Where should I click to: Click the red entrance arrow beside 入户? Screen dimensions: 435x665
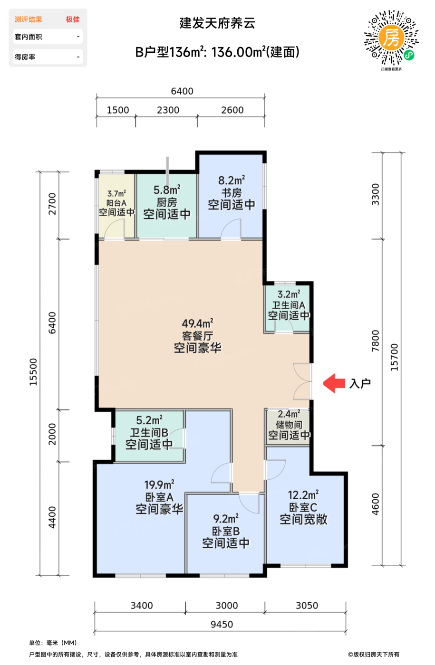pyautogui.click(x=334, y=383)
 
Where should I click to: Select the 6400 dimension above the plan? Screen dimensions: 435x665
pyautogui.click(x=182, y=91)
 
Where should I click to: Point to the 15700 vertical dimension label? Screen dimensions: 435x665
pyautogui.click(x=394, y=357)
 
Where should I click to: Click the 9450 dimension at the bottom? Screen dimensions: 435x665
pyautogui.click(x=222, y=624)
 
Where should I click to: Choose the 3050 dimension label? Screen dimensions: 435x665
pyautogui.click(x=307, y=605)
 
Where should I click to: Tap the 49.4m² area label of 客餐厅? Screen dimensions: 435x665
pyautogui.click(x=198, y=323)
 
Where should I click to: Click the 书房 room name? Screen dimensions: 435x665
pyautogui.click(x=232, y=193)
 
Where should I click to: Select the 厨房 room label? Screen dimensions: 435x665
pyautogui.click(x=167, y=202)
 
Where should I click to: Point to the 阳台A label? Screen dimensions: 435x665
pyautogui.click(x=116, y=203)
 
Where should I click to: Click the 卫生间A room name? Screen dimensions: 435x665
pyautogui.click(x=289, y=305)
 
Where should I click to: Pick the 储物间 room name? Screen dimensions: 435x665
pyautogui.click(x=289, y=425)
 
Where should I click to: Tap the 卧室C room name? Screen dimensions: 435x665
pyautogui.click(x=303, y=507)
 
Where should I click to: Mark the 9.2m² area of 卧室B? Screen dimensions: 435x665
pyautogui.click(x=226, y=519)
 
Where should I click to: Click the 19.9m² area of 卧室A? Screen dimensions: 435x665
pyautogui.click(x=159, y=484)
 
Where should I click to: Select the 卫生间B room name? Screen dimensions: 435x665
pyautogui.click(x=149, y=433)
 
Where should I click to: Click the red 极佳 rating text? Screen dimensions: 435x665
pyautogui.click(x=73, y=19)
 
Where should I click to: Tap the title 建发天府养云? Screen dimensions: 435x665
pyautogui.click(x=218, y=23)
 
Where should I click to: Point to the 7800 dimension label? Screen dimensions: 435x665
pyautogui.click(x=375, y=341)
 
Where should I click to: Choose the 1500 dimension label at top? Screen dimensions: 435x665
pyautogui.click(x=118, y=110)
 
